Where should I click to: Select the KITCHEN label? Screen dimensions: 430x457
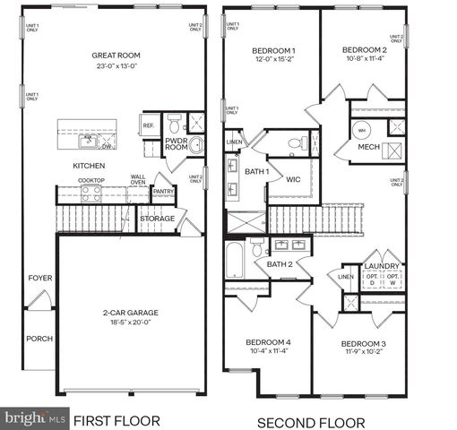click(89, 166)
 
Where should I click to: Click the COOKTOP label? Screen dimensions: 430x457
click(91, 180)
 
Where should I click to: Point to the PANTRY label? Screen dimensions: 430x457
click(163, 191)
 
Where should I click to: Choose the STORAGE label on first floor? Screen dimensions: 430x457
click(158, 218)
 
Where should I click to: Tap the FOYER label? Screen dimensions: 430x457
click(39, 279)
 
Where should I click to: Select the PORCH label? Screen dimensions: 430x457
click(39, 339)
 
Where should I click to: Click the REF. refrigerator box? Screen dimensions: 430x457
click(149, 125)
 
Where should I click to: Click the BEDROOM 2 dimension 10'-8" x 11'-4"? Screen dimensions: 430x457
click(365, 60)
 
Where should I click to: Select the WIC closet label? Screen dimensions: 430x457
click(293, 179)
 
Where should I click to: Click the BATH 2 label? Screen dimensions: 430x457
click(280, 263)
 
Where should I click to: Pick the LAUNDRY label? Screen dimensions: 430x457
click(382, 266)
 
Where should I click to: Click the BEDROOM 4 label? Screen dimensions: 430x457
click(269, 342)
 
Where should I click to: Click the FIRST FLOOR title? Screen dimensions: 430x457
click(116, 420)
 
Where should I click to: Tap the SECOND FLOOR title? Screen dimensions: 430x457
click(311, 421)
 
